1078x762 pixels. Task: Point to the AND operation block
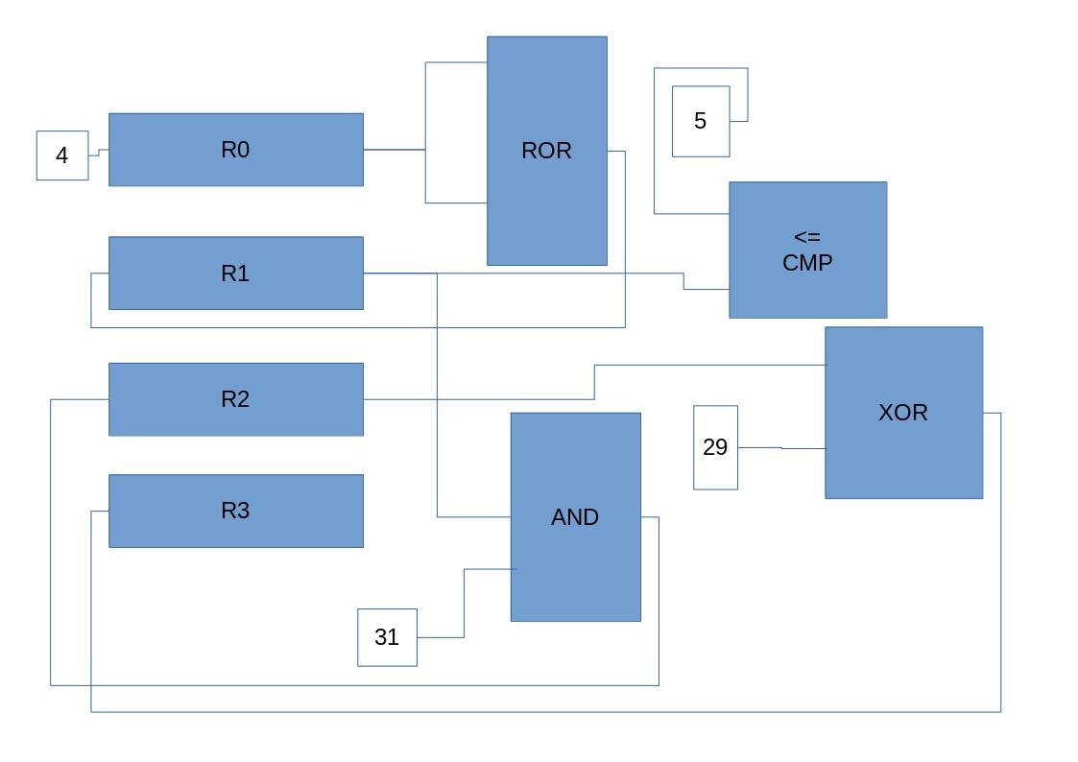575,576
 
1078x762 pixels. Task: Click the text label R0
235,150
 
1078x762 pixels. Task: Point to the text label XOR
903,413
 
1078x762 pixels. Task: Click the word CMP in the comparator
807,263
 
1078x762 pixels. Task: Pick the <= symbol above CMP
807,237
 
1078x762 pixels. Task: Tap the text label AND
575,517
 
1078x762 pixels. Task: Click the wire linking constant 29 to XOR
781,448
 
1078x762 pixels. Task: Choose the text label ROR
546,151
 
